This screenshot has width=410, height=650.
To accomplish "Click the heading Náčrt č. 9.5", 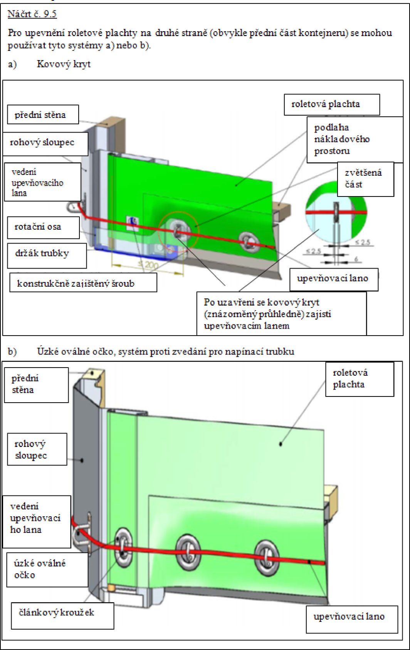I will coord(32,14).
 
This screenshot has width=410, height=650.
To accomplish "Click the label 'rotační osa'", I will coord(38,227).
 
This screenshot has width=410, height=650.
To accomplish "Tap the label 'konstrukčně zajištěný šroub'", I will coord(76,284).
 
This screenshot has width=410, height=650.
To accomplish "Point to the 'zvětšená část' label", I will coord(363,178).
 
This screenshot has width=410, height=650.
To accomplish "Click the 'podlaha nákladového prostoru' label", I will coord(341,139).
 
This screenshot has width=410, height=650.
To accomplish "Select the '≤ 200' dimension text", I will coord(148,265).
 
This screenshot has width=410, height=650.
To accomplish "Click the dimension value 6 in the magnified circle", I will coord(356,259).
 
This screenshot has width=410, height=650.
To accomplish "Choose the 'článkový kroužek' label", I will coord(57,613).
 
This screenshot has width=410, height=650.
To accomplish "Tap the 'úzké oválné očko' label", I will coord(40,569).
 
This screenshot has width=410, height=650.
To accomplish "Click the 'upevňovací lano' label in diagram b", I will coord(349,616).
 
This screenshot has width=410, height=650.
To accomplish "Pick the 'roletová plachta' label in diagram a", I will coord(326,104).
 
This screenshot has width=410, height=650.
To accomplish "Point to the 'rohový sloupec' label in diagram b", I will coord(31,449).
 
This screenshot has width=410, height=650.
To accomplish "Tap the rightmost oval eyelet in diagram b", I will coord(267,557).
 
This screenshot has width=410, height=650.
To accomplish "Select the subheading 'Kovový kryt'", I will coord(64,64).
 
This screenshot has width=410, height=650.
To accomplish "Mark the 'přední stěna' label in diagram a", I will coord(40,115).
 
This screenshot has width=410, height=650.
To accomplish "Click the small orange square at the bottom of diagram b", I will coord(111,588).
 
